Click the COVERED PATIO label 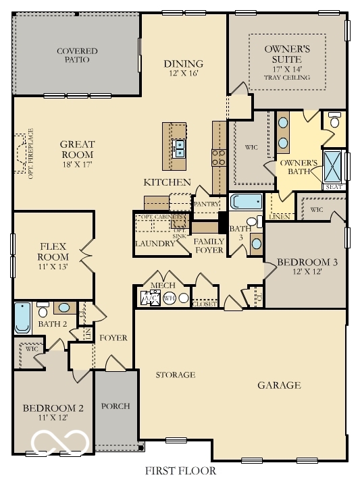click(x=77, y=55)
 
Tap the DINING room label click(x=183, y=64)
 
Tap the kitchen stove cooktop click(x=220, y=157)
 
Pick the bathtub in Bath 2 click(x=22, y=319)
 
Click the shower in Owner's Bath click(x=334, y=163)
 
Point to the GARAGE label click(x=278, y=385)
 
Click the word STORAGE click(x=176, y=375)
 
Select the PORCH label click(x=115, y=406)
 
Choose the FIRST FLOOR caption click(x=180, y=470)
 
